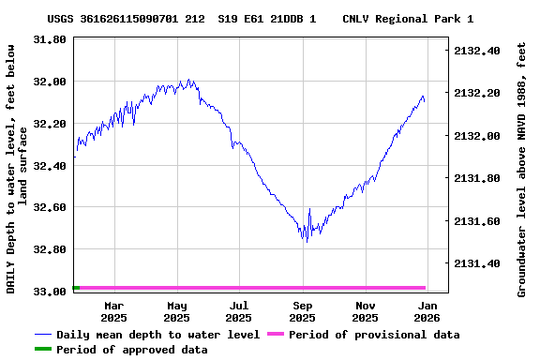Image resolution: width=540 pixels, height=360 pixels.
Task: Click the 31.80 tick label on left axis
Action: [x=49, y=39]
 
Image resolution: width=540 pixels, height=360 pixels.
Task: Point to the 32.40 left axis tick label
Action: [x=49, y=166]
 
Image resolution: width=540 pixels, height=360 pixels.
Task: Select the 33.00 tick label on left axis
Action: [x=49, y=292]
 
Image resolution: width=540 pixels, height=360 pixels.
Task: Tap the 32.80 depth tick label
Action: [x=49, y=249]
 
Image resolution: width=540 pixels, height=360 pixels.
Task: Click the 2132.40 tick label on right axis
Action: [x=476, y=51]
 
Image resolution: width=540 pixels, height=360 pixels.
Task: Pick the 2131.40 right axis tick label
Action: [x=476, y=263]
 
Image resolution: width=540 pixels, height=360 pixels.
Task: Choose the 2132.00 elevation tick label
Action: [x=476, y=136]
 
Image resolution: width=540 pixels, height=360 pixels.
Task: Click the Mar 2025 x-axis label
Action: [x=113, y=311]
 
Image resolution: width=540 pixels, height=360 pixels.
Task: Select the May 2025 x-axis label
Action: [x=176, y=311]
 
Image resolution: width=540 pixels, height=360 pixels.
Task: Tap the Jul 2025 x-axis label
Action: [x=239, y=311]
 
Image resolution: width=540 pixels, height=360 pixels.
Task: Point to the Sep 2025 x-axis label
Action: [x=303, y=311]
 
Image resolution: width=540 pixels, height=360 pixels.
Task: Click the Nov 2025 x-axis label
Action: [x=366, y=311]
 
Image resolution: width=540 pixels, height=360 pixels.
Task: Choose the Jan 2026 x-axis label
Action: [x=427, y=311]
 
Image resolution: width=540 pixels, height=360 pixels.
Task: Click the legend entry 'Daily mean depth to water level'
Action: [x=157, y=335]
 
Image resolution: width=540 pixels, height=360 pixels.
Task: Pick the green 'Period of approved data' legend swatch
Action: [x=43, y=350]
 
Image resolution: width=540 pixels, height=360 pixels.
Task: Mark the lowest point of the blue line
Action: [x=306, y=242]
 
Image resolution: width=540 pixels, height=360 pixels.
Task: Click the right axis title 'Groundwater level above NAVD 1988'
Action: [x=522, y=169]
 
